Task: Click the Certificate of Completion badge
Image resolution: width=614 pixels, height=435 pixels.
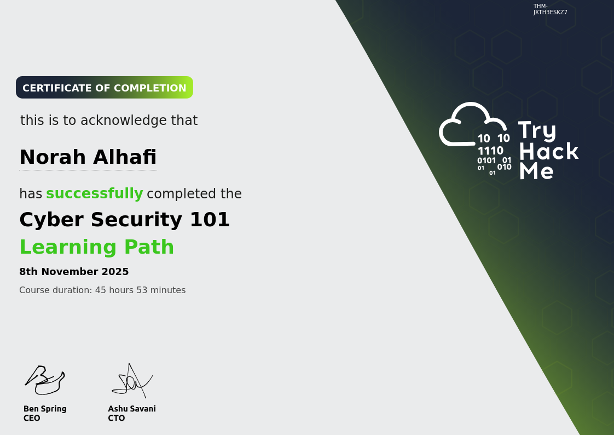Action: click(104, 88)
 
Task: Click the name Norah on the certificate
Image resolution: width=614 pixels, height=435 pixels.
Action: click(53, 157)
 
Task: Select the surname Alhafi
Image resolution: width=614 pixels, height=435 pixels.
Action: click(125, 157)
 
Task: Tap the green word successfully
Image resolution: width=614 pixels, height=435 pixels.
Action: click(94, 193)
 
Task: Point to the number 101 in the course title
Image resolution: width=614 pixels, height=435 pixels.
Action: click(210, 220)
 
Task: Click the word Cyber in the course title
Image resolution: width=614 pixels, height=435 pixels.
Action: click(51, 220)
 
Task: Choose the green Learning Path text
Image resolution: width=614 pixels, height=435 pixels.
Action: click(97, 247)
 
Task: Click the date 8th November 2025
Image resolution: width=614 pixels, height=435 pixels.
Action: click(74, 272)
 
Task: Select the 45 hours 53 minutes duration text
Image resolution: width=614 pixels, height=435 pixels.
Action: click(140, 290)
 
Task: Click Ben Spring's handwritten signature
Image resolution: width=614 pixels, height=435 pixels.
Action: click(45, 380)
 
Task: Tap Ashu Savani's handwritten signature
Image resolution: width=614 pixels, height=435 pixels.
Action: click(132, 381)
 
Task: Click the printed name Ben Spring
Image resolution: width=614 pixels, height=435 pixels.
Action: click(45, 409)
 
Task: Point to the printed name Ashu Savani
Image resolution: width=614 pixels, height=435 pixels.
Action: click(132, 409)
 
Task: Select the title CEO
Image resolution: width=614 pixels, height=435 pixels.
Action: click(32, 418)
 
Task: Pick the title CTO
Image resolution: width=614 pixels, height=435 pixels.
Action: click(117, 418)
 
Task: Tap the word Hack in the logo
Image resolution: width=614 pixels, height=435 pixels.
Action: click(549, 151)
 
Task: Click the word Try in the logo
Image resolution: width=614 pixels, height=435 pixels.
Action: click(537, 131)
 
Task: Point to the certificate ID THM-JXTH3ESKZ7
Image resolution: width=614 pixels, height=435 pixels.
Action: click(550, 9)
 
